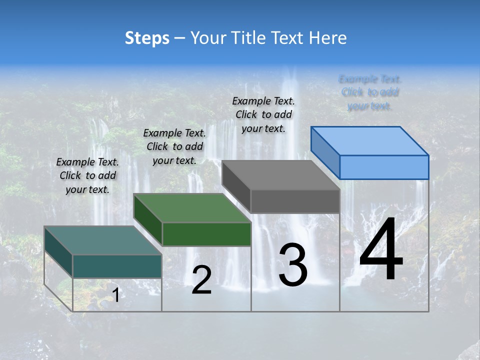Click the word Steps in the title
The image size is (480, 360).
pyautogui.click(x=146, y=38)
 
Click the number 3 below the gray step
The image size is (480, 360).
pyautogui.click(x=293, y=265)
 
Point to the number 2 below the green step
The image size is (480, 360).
pyautogui.click(x=201, y=280)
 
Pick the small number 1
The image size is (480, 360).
pyautogui.click(x=115, y=295)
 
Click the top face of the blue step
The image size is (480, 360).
pyautogui.click(x=370, y=140)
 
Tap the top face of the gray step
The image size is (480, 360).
pyautogui.click(x=280, y=175)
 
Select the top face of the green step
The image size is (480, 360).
pyautogui.click(x=192, y=208)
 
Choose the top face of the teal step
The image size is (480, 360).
pyautogui.click(x=103, y=240)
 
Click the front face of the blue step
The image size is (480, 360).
pyautogui.click(x=384, y=167)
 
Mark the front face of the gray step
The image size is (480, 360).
pyautogui.click(x=295, y=201)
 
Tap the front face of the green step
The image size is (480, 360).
pyautogui.click(x=206, y=234)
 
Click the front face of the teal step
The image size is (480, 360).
pyautogui.click(x=117, y=266)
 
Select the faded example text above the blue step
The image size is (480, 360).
pyautogui.click(x=370, y=92)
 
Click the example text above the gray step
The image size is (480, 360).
pyautogui.click(x=263, y=114)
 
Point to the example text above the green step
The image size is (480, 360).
pyautogui.click(x=174, y=146)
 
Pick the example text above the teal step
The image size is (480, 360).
pyautogui.click(x=87, y=175)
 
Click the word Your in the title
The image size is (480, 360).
pyautogui.click(x=206, y=38)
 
